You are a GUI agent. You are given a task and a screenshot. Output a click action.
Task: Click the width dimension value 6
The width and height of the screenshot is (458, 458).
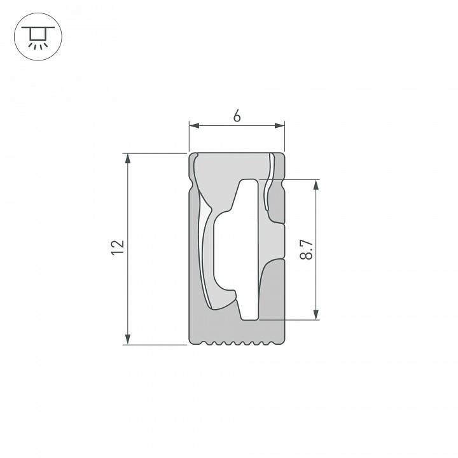click(237, 116)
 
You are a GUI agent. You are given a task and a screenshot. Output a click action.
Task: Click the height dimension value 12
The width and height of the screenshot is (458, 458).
click(116, 248)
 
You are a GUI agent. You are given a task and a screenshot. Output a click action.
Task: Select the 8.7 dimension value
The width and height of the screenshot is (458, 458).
click(307, 249)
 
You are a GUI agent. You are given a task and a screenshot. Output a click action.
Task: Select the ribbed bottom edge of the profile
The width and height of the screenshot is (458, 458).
click(237, 343)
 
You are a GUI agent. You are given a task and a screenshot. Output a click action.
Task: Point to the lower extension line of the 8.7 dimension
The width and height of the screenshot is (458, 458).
click(289, 319)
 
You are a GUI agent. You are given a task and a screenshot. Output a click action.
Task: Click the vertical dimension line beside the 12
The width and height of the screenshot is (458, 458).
click(128, 210)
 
